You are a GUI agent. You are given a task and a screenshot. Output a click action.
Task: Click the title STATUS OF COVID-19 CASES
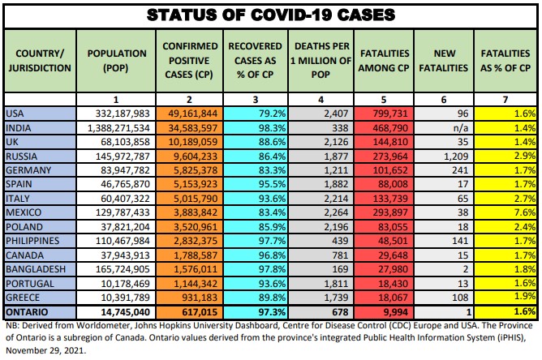tap(270, 15)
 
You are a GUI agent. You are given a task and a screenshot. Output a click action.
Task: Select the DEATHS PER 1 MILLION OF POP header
tap(322, 60)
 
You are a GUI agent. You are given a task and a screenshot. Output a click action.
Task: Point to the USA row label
tap(15, 113)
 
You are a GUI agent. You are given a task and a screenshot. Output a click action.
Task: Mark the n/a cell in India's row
tap(459, 126)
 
